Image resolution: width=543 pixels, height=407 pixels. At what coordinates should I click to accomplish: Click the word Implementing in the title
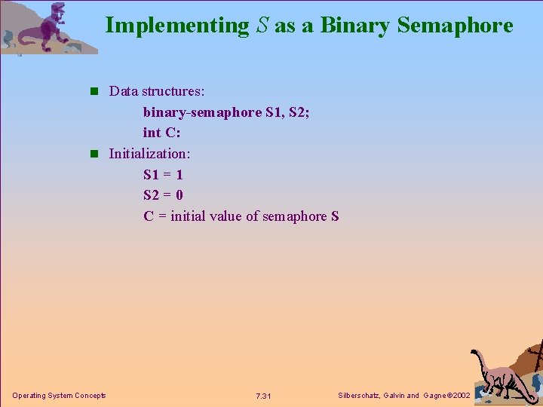click(176, 26)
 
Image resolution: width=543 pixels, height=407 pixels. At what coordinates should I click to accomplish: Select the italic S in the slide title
click(261, 26)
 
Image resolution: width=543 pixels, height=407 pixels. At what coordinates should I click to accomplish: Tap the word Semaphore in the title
click(455, 26)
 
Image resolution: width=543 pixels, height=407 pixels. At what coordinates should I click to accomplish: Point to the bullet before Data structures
click(94, 92)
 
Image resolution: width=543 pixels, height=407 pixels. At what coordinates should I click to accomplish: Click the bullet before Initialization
click(94, 154)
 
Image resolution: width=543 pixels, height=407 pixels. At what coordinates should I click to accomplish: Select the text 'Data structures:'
click(157, 91)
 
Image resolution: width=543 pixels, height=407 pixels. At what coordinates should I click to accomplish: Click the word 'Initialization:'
click(149, 154)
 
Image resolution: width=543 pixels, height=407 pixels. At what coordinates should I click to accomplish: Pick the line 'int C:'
click(162, 133)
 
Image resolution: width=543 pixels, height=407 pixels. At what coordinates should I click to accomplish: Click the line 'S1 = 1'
click(163, 175)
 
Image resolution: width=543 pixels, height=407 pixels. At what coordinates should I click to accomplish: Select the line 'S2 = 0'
click(163, 195)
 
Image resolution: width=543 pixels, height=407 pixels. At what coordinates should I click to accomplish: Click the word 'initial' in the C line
click(192, 216)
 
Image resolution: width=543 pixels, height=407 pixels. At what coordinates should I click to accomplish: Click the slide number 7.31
click(263, 396)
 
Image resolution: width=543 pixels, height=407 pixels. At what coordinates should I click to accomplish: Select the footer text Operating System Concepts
click(59, 396)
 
